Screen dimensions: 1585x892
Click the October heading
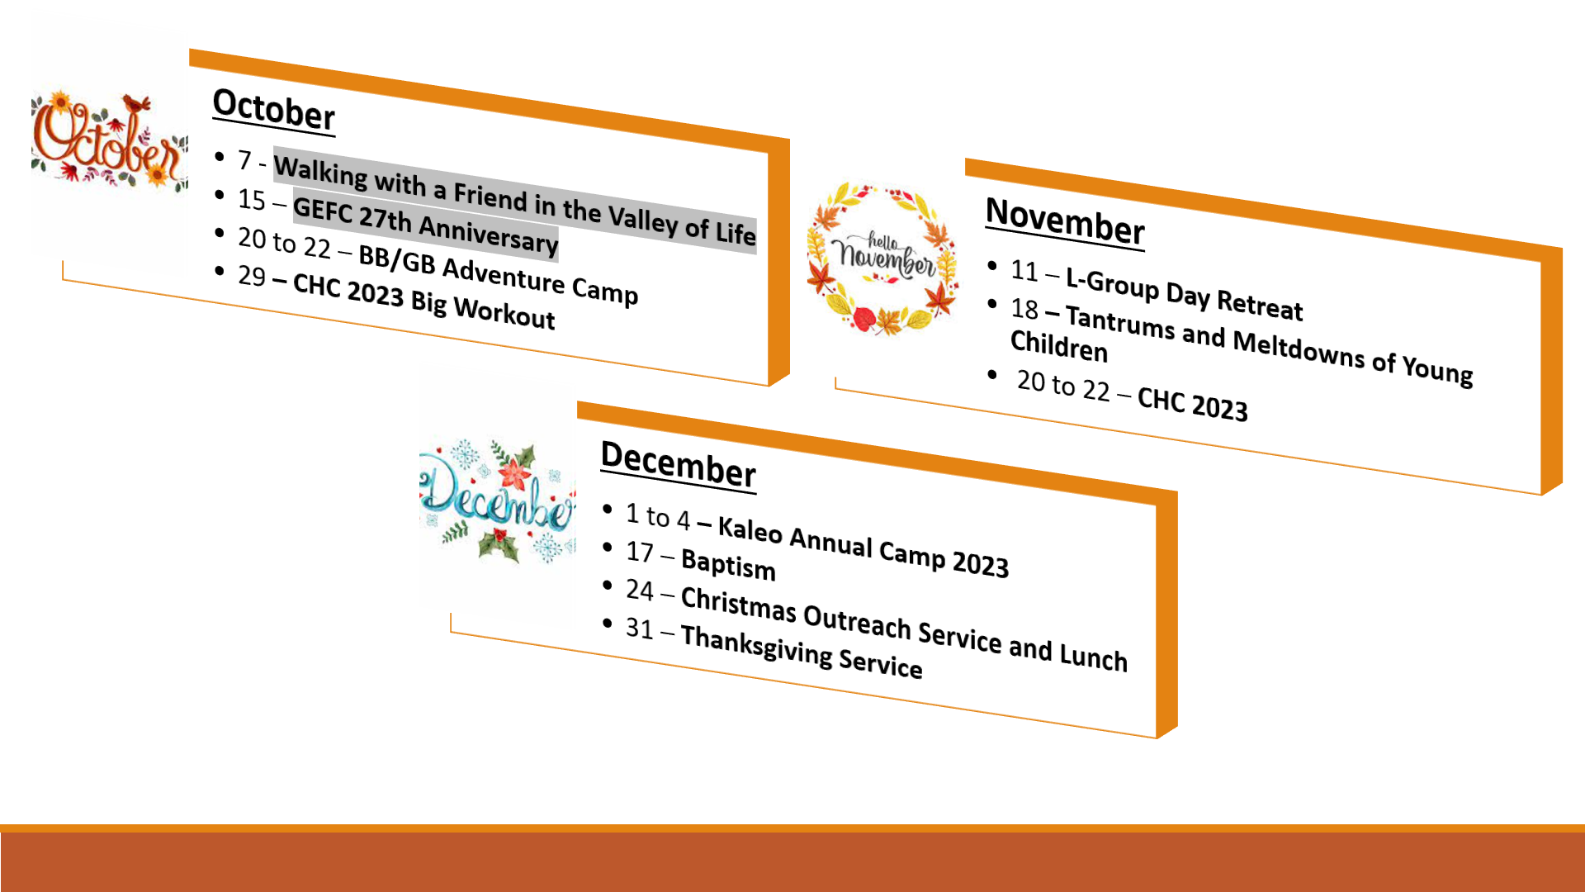pos(274,109)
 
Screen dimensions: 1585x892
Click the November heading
pos(1065,221)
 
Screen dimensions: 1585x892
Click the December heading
pos(678,464)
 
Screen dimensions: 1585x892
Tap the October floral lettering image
pos(109,138)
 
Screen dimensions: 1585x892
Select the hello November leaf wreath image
pos(882,259)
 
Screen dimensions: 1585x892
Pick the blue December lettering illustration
pos(497,500)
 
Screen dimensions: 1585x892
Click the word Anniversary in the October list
pos(489,235)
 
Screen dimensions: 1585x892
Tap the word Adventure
pos(504,273)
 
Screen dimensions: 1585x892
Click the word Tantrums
pos(1119,321)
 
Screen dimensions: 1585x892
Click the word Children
pos(1058,346)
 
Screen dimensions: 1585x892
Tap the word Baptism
pos(728,565)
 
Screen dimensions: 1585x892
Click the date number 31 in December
pos(640,629)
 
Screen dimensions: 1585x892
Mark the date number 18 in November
pos(1024,309)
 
